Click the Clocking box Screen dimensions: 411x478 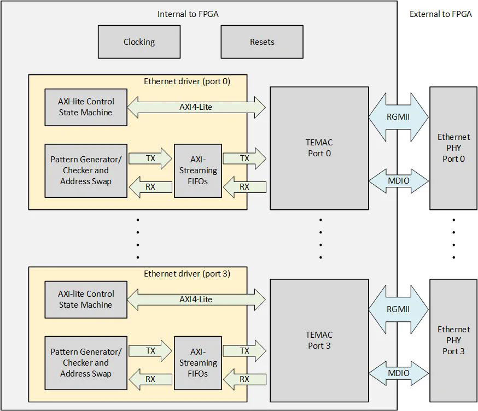139,42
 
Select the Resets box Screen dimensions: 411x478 261,42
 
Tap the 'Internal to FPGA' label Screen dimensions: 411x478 188,14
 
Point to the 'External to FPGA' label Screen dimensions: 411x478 440,14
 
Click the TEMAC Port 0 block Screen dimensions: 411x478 319,148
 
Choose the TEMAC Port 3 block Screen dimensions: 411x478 319,340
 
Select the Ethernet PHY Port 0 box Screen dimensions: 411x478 453,148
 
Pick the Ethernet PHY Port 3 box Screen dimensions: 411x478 453,340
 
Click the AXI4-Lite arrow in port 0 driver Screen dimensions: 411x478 196,108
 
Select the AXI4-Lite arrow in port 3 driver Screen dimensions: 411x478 196,300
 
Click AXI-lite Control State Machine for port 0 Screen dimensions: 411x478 86,107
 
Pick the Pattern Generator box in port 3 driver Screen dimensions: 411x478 86,363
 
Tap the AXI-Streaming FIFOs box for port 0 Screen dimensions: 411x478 198,171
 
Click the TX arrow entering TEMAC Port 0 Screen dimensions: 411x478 244,158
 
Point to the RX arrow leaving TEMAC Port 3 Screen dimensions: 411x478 244,379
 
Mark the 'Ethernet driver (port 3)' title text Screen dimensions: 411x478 187,273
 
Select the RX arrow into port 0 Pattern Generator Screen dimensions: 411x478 150,187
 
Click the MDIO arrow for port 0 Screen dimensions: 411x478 398,180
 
